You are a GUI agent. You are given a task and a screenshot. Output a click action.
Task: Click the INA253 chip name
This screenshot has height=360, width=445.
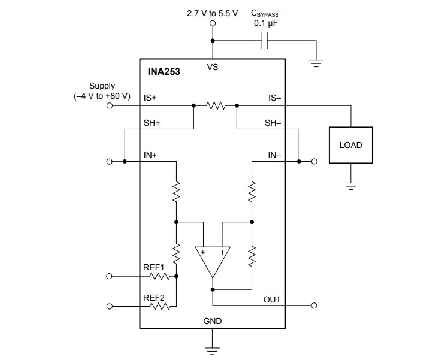(164, 71)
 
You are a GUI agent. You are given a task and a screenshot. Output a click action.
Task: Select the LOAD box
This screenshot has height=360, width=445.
(350, 145)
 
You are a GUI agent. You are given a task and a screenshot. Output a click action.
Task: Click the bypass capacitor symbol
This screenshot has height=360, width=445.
(267, 41)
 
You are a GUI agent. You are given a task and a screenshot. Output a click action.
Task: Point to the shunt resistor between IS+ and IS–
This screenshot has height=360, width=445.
(215, 105)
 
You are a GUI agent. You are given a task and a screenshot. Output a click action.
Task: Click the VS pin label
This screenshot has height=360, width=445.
(213, 68)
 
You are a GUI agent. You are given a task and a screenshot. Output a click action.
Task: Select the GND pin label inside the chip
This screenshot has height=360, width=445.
(213, 321)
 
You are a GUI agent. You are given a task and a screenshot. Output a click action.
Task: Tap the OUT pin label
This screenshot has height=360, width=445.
(272, 300)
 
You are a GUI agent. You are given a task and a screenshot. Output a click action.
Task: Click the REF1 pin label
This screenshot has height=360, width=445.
(153, 267)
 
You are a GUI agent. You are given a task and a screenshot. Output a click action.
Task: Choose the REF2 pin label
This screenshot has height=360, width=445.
(153, 297)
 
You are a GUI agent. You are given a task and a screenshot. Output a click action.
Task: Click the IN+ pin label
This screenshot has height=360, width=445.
(150, 155)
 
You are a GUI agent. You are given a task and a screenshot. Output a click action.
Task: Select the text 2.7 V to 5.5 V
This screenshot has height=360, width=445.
(213, 13)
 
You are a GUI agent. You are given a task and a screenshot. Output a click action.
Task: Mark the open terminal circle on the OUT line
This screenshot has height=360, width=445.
(314, 306)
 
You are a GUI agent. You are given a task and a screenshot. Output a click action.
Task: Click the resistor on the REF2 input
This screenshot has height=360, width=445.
(161, 306)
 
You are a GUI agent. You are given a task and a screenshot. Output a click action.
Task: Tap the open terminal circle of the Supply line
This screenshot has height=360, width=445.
(110, 105)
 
